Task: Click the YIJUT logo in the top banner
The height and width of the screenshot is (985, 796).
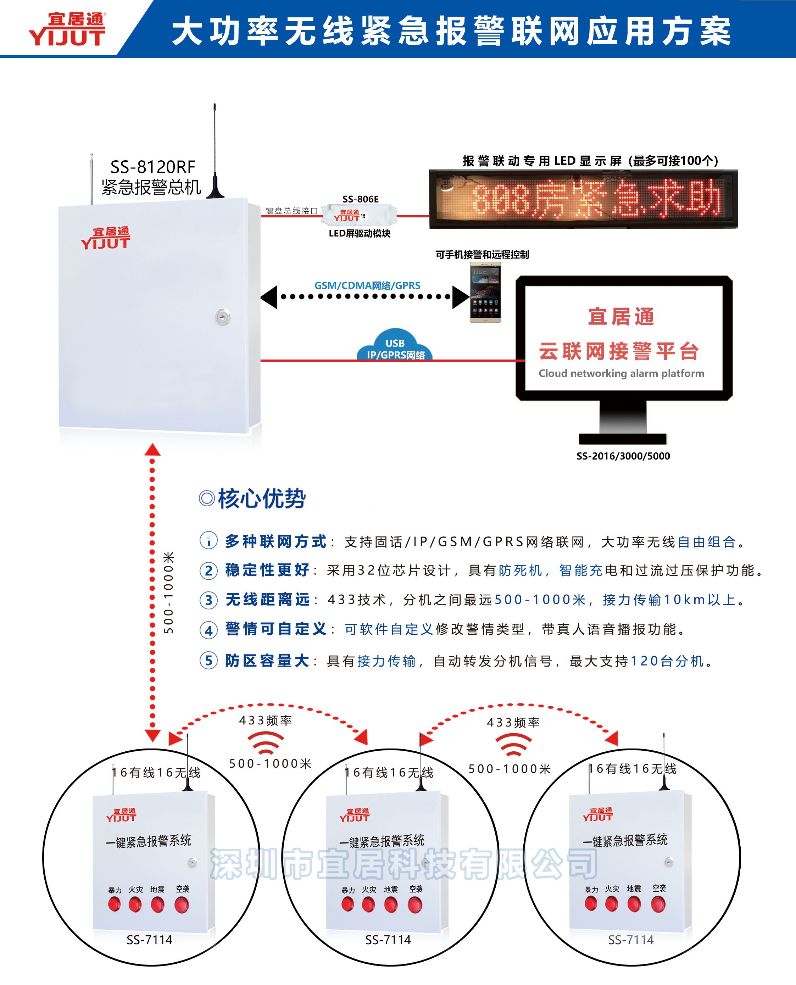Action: pos(67,30)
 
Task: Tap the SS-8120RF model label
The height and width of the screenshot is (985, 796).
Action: pos(153,166)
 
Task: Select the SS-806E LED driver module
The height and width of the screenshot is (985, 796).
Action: pos(359,216)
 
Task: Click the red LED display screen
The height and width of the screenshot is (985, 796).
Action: pos(583,199)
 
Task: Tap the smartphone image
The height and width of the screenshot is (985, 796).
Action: pos(485,292)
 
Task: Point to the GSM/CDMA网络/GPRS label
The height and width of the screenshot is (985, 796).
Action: pos(367,285)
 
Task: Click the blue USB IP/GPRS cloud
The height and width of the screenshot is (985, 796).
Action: pos(395,347)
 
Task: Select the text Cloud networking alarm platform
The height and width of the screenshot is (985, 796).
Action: pos(621,373)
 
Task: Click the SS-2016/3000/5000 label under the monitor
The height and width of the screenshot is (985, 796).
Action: pos(623,456)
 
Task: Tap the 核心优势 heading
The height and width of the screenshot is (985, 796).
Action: pos(261,499)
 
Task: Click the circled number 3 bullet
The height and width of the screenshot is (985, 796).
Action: pos(208,600)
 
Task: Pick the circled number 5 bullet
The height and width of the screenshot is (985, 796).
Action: pos(208,661)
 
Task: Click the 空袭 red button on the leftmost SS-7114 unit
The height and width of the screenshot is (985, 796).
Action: pos(182,905)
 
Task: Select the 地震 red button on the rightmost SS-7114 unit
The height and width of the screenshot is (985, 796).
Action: pos(634,904)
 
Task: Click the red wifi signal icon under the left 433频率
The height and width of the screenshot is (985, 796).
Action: pos(266,742)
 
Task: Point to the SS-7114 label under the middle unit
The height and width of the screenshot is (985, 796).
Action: pos(388,940)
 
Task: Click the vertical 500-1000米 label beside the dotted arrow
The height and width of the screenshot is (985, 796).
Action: pos(169,592)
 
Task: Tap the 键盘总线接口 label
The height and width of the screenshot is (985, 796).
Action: pos(291,211)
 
